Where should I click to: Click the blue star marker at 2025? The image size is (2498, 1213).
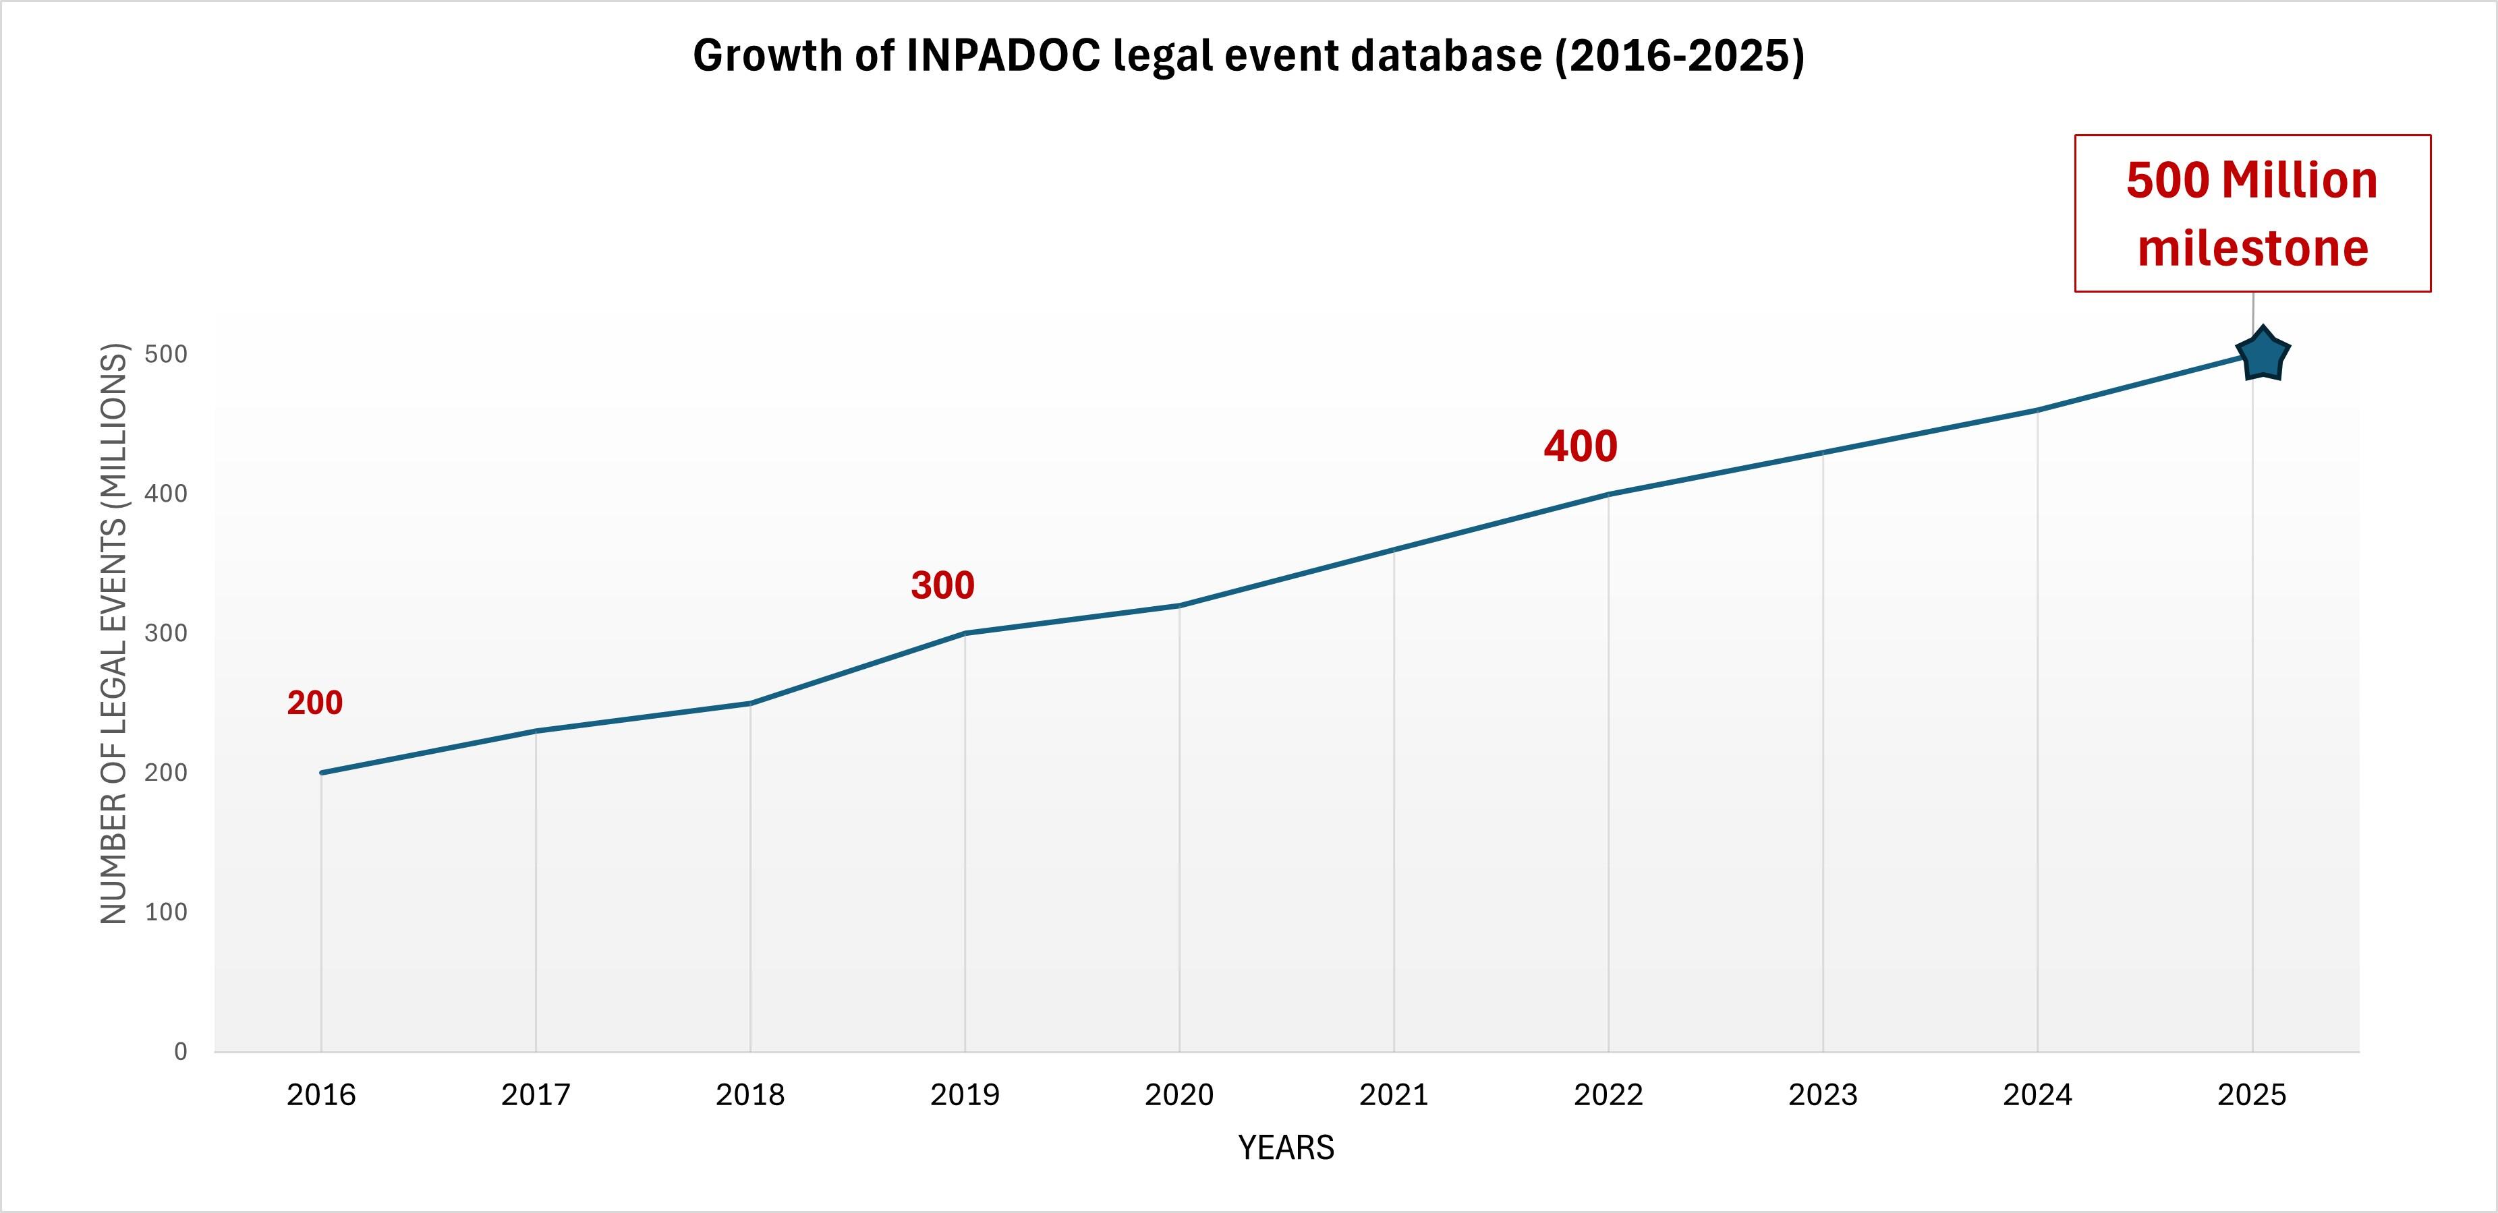pos(2263,355)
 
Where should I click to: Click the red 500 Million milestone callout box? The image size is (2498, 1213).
pos(2252,213)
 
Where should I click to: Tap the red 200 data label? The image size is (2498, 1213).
pos(314,703)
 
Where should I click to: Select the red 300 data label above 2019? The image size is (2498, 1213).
pos(942,586)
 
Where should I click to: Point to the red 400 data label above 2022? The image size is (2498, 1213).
pos(1580,447)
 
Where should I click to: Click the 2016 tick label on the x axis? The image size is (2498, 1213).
pos(321,1095)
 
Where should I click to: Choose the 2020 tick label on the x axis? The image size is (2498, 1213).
pos(1179,1095)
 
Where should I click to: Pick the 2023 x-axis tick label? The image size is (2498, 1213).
pos(1822,1095)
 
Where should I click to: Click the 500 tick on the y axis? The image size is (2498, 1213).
pos(166,354)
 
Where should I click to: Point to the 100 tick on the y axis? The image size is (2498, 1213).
pos(166,912)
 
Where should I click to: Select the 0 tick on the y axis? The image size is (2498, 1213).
pos(180,1051)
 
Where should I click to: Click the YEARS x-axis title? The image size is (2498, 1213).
pos(1286,1148)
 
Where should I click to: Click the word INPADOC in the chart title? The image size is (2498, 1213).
pos(1004,56)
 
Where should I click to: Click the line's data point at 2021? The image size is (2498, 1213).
pos(1394,550)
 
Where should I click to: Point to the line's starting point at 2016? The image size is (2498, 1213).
pos(321,773)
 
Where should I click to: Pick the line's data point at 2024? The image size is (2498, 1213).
pos(2037,410)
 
